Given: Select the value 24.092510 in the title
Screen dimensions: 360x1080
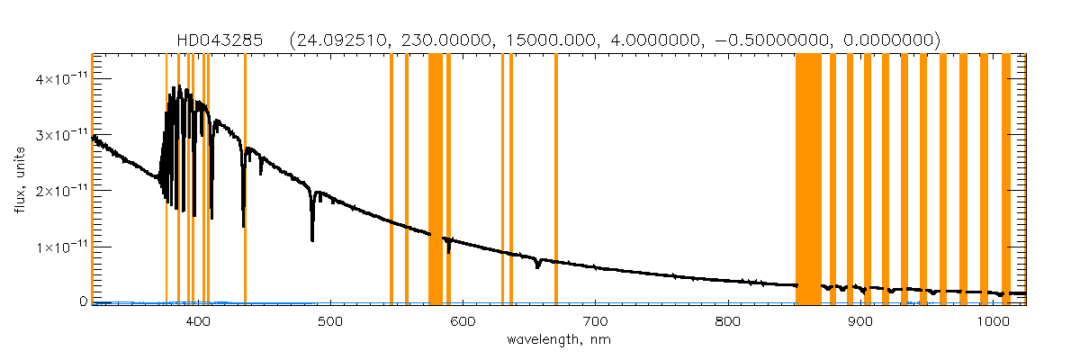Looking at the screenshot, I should click(x=339, y=40).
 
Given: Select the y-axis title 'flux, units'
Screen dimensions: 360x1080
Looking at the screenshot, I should click(x=19, y=177).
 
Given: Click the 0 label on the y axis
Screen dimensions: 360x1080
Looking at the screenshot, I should click(x=82, y=301).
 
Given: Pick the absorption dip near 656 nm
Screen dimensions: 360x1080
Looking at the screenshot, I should click(x=537, y=265).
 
